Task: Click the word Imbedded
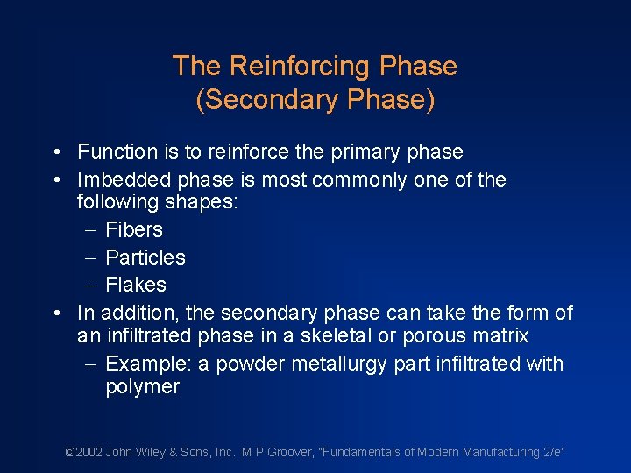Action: click(x=124, y=180)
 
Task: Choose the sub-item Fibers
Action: click(x=134, y=229)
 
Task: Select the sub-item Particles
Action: click(x=145, y=258)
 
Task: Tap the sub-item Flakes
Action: click(x=136, y=285)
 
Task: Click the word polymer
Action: click(x=143, y=387)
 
